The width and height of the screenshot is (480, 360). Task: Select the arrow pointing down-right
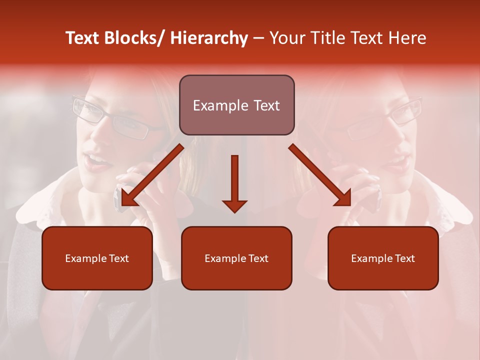tap(320, 175)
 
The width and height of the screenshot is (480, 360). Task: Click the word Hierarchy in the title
tap(209, 38)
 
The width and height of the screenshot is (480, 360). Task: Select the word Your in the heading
tap(286, 38)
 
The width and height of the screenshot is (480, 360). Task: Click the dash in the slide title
tap(258, 38)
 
